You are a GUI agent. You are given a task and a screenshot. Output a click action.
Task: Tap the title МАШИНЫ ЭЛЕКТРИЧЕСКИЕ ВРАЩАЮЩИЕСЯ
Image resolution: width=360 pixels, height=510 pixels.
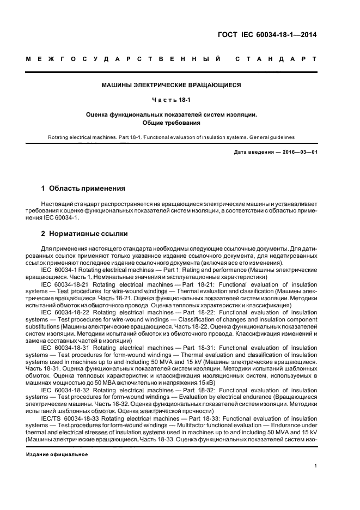click(x=171, y=85)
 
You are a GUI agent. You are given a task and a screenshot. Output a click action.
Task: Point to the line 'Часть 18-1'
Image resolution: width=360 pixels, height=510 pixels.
click(x=171, y=100)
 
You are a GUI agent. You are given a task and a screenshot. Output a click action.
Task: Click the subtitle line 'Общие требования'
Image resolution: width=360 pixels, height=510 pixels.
click(x=171, y=123)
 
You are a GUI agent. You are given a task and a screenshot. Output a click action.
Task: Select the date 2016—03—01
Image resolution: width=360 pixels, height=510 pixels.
click(x=298, y=152)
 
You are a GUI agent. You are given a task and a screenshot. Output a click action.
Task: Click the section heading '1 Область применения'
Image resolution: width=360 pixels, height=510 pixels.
click(x=83, y=189)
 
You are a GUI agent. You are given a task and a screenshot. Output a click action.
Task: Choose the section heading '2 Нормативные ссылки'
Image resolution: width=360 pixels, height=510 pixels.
click(x=84, y=234)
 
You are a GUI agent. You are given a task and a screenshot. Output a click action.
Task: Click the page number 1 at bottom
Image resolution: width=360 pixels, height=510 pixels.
click(x=316, y=466)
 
